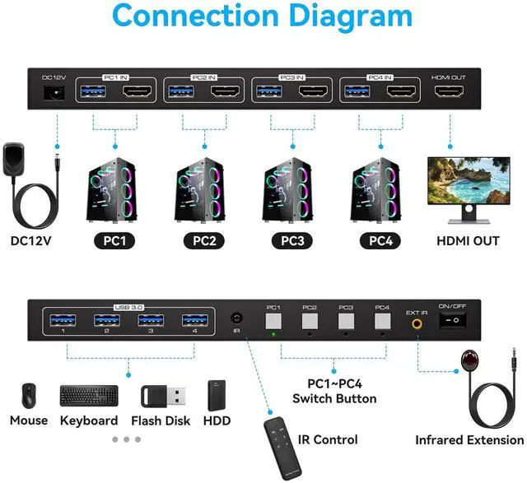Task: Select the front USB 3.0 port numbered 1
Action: point(63,319)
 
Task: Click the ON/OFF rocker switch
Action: point(451,323)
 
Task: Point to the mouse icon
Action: point(29,396)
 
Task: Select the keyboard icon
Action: point(88,395)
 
